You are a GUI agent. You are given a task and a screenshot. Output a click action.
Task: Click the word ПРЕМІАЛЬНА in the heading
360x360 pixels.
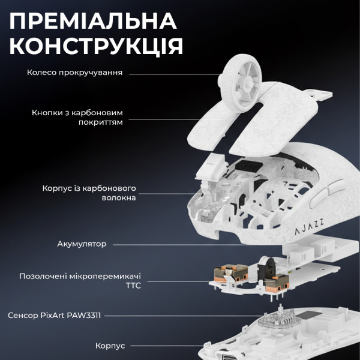[94, 20]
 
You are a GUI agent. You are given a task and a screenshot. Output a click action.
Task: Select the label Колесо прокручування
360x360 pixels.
[75, 73]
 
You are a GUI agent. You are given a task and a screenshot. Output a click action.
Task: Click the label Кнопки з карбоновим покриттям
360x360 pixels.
[77, 116]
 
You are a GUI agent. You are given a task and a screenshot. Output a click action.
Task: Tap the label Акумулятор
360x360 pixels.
[82, 244]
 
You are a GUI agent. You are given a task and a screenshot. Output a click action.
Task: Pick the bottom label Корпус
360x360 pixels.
[110, 346]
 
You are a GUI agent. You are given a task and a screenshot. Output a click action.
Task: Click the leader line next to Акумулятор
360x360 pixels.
[180, 244]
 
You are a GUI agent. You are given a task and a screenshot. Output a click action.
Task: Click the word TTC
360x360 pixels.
[133, 287]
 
